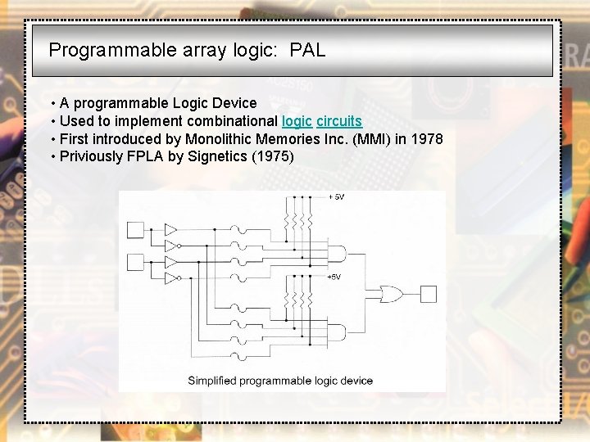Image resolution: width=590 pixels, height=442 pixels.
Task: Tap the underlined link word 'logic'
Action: pyautogui.click(x=297, y=121)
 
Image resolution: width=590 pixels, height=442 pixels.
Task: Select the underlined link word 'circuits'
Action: pyautogui.click(x=338, y=121)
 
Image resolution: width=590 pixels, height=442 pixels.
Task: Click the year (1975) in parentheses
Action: pyautogui.click(x=266, y=156)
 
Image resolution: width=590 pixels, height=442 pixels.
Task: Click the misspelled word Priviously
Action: pyautogui.click(x=90, y=156)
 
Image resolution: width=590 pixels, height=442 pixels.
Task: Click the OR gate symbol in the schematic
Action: pyautogui.click(x=385, y=293)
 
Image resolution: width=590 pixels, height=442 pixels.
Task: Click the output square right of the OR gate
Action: pyautogui.click(x=429, y=293)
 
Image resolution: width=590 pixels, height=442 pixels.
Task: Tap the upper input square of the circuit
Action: pyautogui.click(x=135, y=230)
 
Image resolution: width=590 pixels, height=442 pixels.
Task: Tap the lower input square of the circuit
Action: pyautogui.click(x=135, y=262)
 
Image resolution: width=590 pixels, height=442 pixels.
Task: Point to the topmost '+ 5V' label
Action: pyautogui.click(x=337, y=197)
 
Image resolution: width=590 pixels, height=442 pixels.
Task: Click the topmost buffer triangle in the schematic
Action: pyautogui.click(x=170, y=229)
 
